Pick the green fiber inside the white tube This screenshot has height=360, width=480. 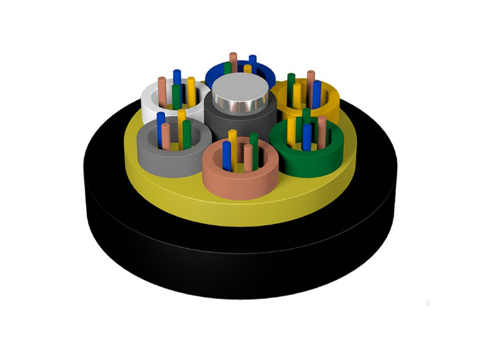tap(176, 96)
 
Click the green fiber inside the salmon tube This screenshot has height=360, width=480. tap(254, 144)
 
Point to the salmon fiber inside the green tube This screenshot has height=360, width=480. tap(322, 129)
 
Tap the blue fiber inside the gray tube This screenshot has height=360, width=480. tap(161, 120)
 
